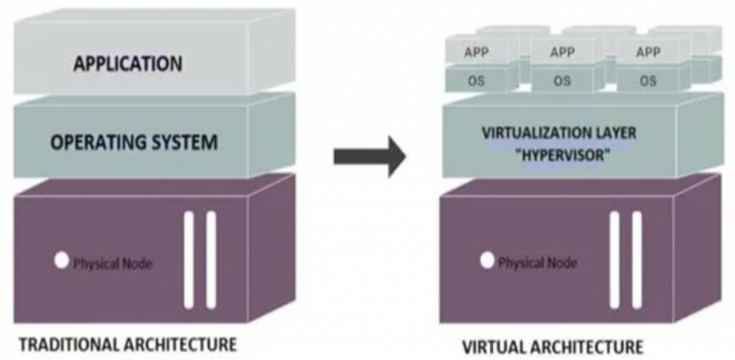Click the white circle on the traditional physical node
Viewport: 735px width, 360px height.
click(x=61, y=259)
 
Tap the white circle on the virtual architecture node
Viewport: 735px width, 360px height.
click(x=487, y=259)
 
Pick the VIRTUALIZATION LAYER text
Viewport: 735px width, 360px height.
click(x=559, y=133)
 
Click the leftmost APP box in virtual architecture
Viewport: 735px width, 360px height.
click(x=476, y=53)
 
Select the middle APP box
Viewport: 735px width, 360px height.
click(x=562, y=53)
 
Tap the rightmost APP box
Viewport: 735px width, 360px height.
click(x=647, y=53)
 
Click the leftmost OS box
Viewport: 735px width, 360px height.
click(x=476, y=80)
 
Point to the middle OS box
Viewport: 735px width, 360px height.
click(x=562, y=80)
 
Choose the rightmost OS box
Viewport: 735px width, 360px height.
click(x=647, y=80)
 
